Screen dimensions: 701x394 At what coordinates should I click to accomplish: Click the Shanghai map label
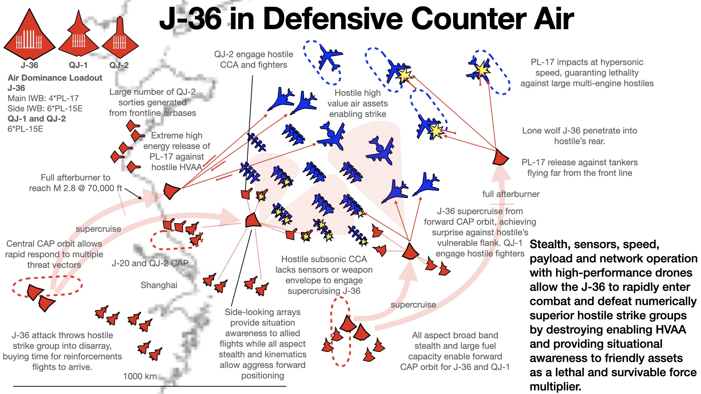(x=159, y=285)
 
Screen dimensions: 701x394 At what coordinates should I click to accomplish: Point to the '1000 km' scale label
(x=140, y=376)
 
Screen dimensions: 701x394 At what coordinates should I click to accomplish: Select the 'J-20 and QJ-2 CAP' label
(x=150, y=263)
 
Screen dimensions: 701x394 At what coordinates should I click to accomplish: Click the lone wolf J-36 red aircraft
(x=500, y=157)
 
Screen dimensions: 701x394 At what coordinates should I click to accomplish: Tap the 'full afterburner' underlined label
(x=511, y=194)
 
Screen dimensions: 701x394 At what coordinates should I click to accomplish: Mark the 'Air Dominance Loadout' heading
(x=55, y=78)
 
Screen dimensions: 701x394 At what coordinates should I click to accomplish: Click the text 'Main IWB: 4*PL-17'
(x=43, y=98)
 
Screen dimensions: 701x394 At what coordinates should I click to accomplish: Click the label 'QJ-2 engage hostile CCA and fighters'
(x=253, y=59)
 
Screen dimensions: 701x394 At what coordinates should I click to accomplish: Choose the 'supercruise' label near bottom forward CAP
(x=413, y=305)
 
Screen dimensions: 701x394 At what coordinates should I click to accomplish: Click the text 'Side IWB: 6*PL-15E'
(x=45, y=108)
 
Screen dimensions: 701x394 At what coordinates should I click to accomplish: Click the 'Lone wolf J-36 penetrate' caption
(x=579, y=131)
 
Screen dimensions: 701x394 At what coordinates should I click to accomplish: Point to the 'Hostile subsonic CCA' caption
(x=324, y=259)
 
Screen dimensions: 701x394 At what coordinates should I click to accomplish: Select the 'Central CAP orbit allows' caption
(x=54, y=244)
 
